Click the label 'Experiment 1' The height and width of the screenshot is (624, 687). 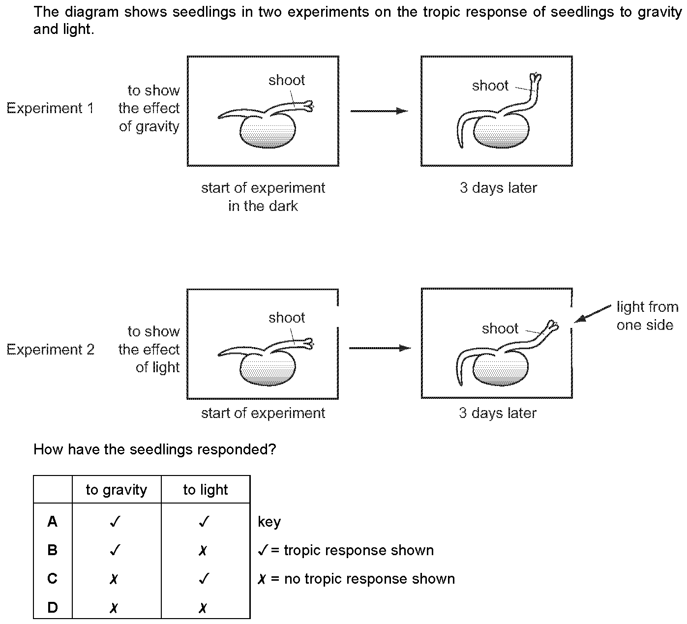50,108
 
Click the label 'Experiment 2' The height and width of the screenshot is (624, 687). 50,350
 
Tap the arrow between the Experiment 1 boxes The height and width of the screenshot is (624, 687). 379,111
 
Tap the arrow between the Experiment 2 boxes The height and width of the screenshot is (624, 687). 379,348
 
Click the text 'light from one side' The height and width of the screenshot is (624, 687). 647,316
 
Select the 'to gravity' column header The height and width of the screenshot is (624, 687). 117,490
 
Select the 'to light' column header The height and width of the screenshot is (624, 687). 206,490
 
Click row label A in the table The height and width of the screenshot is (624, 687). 53,521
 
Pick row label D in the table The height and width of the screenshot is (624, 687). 53,608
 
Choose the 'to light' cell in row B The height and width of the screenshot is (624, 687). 203,550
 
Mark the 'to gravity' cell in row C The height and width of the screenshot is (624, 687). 114,579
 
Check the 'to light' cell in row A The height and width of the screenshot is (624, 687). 204,521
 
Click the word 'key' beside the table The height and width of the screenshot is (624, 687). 269,522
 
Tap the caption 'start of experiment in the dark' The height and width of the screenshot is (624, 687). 263,197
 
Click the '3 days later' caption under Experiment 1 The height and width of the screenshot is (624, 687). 498,188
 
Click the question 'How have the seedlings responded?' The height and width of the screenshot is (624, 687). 154,449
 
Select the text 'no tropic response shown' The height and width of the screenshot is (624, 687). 369,579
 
